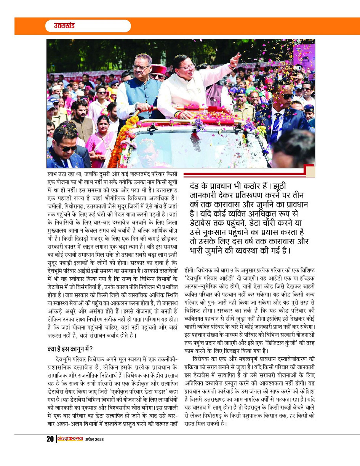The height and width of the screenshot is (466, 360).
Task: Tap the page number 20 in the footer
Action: [50, 439]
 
